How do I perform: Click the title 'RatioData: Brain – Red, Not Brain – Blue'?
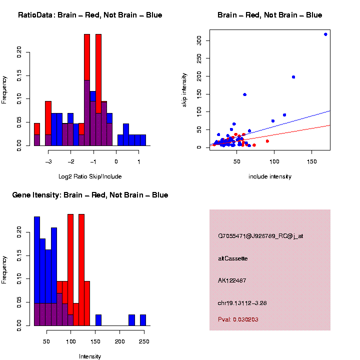point(90,15)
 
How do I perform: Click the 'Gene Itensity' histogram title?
point(90,195)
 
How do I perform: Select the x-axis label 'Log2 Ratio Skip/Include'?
point(90,176)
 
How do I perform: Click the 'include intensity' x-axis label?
point(270,176)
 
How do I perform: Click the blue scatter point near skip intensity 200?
point(293,77)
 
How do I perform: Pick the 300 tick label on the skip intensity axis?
point(198,40)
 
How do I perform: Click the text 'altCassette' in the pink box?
point(233,258)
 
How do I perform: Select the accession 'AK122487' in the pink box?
point(232,280)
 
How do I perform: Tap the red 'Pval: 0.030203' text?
point(238,319)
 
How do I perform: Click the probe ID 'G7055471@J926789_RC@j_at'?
point(260,235)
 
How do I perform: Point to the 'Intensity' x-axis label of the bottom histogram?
point(90,356)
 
